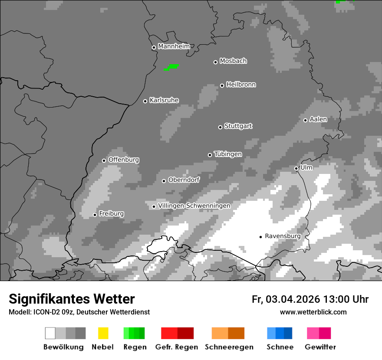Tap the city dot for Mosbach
(215, 62)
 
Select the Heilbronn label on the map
(241, 85)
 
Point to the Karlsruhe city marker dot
(145, 101)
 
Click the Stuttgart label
(238, 126)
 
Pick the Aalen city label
(318, 119)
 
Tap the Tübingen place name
(228, 154)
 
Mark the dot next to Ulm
(296, 168)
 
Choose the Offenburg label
(124, 160)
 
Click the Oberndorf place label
(184, 180)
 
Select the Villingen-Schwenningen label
(194, 206)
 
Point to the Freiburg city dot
(95, 215)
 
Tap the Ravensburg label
(283, 236)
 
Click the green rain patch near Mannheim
(171, 67)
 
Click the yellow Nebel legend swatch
(103, 333)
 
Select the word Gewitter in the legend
(320, 347)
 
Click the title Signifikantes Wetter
(72, 299)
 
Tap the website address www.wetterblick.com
(313, 312)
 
